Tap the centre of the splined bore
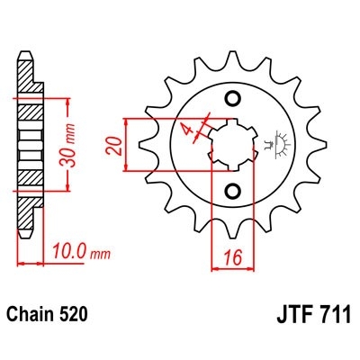point(233,144)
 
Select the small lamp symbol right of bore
point(273,140)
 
